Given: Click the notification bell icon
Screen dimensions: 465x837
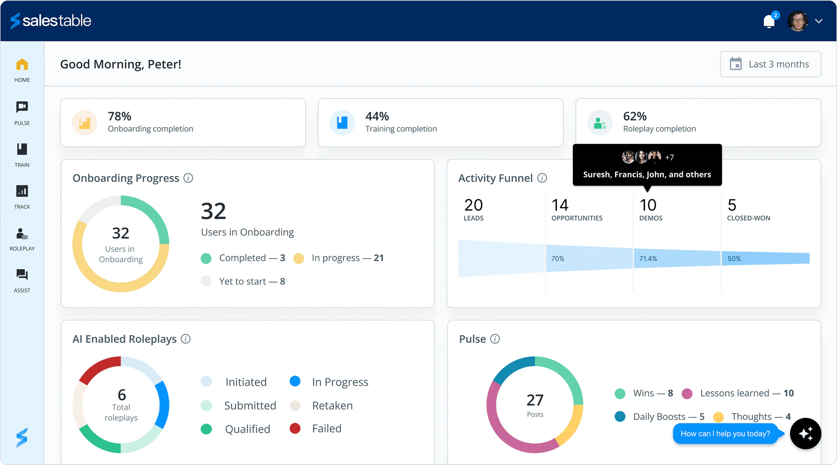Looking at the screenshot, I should (769, 21).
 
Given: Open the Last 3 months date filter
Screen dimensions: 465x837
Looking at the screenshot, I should (770, 64).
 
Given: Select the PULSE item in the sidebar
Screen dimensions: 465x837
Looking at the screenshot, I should (22, 112).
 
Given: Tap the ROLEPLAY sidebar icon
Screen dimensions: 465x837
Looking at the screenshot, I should (22, 238).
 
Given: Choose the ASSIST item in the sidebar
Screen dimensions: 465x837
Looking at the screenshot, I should (22, 280).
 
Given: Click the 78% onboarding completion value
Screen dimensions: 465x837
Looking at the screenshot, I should (119, 116).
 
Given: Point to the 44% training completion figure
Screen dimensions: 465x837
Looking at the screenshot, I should (377, 116).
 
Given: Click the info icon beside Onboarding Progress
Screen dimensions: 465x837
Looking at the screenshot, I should (188, 178).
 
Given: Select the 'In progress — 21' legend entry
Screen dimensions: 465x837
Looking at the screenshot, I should (347, 258).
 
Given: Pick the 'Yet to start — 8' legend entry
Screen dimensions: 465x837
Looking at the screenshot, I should (252, 282).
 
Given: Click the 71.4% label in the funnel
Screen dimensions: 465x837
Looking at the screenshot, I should (648, 259).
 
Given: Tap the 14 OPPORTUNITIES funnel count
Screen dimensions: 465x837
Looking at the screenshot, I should (560, 205).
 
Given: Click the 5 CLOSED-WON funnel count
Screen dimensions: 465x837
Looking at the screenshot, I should (732, 205).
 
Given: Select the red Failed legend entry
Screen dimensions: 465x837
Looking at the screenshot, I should (326, 429).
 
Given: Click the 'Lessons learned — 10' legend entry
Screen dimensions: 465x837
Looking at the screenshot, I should (746, 394).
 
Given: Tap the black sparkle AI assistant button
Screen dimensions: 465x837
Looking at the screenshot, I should (805, 434).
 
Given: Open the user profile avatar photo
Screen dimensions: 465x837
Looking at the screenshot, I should (797, 21).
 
